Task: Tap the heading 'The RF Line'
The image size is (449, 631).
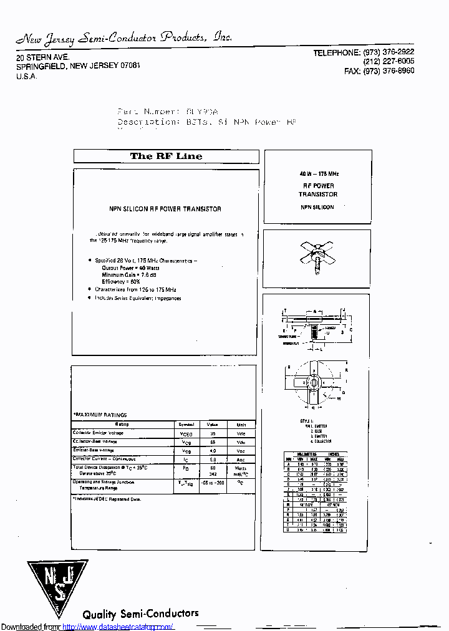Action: [166, 157]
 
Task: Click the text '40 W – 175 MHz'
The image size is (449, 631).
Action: [318, 174]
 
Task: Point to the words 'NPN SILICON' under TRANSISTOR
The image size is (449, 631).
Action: [317, 207]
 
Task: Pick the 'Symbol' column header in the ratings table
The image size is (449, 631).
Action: [186, 424]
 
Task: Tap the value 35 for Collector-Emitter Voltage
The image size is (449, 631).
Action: [213, 433]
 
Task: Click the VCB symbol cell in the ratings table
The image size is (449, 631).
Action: [186, 441]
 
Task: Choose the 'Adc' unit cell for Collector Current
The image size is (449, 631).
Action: [241, 459]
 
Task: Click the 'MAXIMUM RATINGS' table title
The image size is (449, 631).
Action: [100, 415]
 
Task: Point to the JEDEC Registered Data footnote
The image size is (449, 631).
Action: [107, 499]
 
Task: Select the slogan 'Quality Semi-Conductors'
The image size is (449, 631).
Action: [140, 614]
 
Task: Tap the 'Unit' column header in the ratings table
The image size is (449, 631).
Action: [241, 424]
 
